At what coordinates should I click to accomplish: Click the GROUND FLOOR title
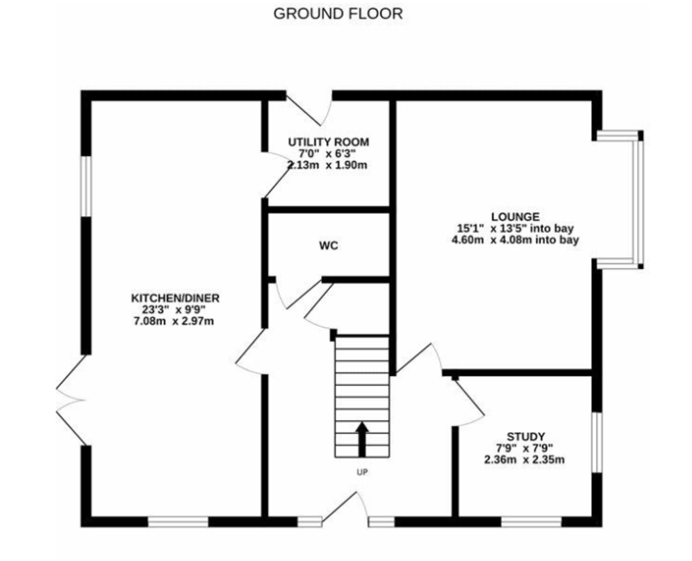coord(338,14)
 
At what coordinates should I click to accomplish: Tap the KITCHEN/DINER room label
coord(175,298)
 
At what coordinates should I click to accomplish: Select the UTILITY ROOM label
coord(329,142)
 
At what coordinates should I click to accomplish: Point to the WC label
coord(329,246)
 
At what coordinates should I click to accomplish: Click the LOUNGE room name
coord(516,217)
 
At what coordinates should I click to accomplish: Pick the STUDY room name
coord(526,436)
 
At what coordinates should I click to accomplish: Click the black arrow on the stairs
coord(362,439)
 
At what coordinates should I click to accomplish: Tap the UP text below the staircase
coord(362,472)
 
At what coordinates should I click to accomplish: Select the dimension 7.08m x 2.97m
coord(174,321)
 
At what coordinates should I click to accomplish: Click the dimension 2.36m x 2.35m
coord(524,460)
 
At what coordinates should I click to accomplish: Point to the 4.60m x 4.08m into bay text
coord(516,240)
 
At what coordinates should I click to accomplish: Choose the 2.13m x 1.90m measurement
coord(328,165)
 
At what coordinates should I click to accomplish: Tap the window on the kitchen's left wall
coord(86,186)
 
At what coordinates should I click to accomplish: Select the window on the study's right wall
coord(597,442)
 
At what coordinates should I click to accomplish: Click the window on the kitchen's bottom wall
coord(178,522)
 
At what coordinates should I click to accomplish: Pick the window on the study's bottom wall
coord(532,522)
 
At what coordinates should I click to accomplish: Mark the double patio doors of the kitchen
coord(72,400)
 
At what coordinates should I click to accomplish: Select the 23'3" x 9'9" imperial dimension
coord(174,310)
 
